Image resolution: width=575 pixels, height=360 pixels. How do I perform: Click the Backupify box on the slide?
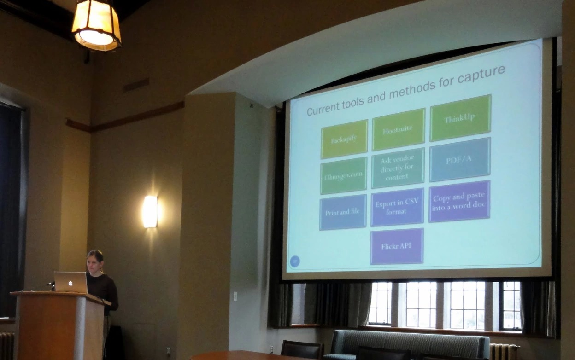pos(344,139)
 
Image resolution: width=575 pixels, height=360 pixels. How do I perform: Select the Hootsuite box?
pos(399,129)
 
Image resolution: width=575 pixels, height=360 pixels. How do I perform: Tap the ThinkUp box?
pos(460,118)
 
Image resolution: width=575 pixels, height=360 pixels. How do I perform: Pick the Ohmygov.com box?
pos(343,176)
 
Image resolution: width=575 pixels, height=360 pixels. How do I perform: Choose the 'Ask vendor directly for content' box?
pos(397,168)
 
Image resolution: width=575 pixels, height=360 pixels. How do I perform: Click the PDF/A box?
pos(459,159)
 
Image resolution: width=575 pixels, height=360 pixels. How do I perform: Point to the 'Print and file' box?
pos(343,212)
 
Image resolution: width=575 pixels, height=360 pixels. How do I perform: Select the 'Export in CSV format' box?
pos(397,207)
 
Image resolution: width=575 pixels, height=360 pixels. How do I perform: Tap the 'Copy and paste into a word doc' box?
pos(459,201)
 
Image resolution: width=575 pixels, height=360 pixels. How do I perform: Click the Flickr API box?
pos(397,246)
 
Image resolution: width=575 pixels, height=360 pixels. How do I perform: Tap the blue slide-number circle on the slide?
pos(295,261)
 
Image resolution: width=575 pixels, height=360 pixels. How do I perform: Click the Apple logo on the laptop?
pos(70,283)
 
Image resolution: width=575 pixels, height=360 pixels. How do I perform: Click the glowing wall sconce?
pos(150,212)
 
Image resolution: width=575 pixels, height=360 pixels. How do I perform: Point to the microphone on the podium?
pos(50,284)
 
